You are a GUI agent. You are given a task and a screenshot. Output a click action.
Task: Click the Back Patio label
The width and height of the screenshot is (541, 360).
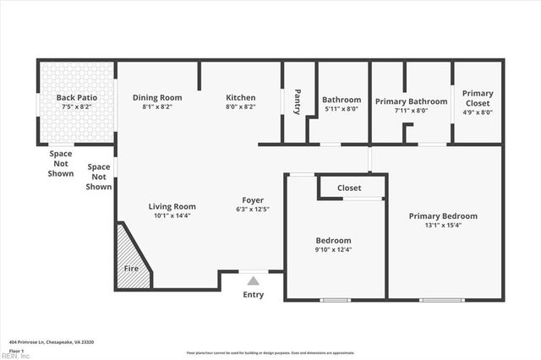pyautogui.click(x=76, y=97)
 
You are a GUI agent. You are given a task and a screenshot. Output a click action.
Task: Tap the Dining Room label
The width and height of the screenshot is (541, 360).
pyautogui.click(x=157, y=97)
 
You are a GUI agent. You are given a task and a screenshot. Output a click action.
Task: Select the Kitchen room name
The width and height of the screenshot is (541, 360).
pyautogui.click(x=240, y=97)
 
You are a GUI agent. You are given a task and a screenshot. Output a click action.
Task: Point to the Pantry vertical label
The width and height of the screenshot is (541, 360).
pyautogui.click(x=298, y=101)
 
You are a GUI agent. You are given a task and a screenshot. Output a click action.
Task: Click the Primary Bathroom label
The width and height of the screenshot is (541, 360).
pyautogui.click(x=411, y=100)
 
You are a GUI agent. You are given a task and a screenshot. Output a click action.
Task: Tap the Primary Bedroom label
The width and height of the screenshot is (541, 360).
pyautogui.click(x=443, y=215)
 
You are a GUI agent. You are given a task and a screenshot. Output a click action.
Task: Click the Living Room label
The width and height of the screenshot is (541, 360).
pyautogui.click(x=172, y=206)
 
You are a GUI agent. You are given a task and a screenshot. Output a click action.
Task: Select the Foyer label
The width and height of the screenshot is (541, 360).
pyautogui.click(x=252, y=199)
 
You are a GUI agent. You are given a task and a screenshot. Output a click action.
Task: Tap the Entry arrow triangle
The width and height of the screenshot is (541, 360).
pyautogui.click(x=253, y=281)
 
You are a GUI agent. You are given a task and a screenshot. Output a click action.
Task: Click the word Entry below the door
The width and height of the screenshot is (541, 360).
pyautogui.click(x=253, y=295)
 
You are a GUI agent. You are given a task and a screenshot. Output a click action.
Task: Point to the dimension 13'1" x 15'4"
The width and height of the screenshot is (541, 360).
pyautogui.click(x=443, y=226)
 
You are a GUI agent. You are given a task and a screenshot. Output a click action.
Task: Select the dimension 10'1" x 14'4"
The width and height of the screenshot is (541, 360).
pyautogui.click(x=172, y=216)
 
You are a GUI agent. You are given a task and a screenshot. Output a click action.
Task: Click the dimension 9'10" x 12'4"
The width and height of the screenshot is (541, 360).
pyautogui.click(x=334, y=249)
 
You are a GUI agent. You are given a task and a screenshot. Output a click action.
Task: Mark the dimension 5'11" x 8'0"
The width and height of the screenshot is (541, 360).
pyautogui.click(x=342, y=109)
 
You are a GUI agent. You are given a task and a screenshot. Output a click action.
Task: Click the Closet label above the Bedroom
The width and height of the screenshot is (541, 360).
pyautogui.click(x=349, y=188)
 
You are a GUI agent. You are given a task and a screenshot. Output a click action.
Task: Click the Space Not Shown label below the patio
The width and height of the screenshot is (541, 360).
pyautogui.click(x=60, y=164)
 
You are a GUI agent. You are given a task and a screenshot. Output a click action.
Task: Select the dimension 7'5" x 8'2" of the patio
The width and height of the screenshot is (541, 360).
pyautogui.click(x=76, y=107)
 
